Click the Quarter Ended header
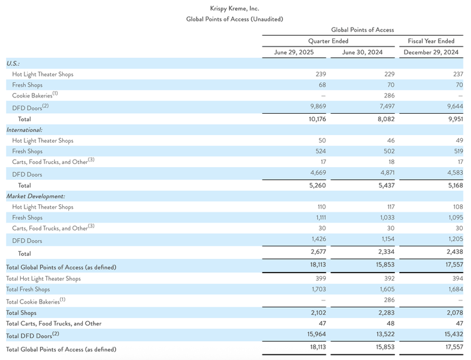[328, 41]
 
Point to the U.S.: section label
[13, 63]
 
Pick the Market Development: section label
[35, 196]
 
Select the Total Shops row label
[21, 312]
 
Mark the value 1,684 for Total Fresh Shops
[453, 290]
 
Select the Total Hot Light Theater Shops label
[43, 278]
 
